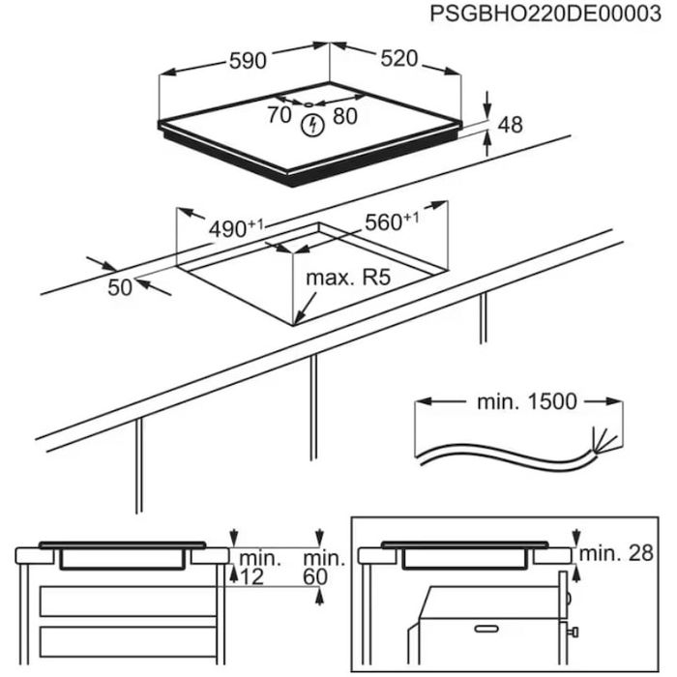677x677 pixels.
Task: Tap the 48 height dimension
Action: coord(510,124)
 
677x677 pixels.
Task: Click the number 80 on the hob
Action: coord(344,115)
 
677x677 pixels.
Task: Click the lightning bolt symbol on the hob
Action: coord(311,125)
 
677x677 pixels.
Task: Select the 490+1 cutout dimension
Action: coord(236,229)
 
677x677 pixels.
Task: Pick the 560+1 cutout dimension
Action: coord(391,222)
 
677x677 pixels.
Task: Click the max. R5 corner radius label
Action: coord(347,279)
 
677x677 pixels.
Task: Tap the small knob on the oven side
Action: coord(574,633)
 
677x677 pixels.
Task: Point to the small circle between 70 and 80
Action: coord(308,104)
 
